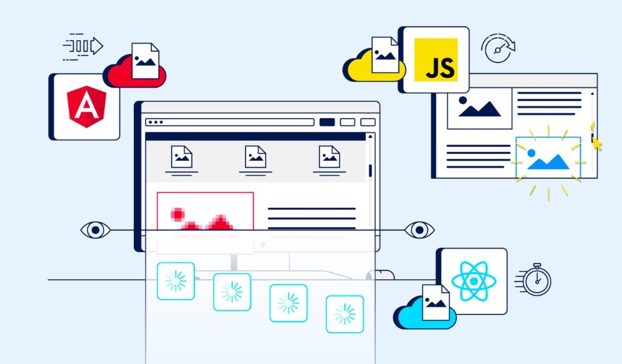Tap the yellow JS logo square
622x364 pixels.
coord(436,60)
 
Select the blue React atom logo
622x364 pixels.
coord(474,281)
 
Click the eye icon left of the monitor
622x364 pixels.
coord(95,230)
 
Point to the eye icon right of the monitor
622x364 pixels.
coord(419,230)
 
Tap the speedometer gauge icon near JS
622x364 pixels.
coord(498,48)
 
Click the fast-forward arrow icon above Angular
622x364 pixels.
coord(83,47)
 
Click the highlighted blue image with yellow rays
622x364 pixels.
coord(549,157)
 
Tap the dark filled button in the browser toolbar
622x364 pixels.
coord(327,122)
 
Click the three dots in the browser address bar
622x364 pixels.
coord(155,122)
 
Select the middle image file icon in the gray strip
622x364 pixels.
coord(256,157)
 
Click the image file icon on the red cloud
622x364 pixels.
coord(145,61)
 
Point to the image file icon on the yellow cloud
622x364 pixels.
coord(384,55)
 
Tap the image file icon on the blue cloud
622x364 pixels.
coord(436,302)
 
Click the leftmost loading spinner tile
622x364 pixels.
coord(176,281)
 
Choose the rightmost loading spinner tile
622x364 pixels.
coord(345,314)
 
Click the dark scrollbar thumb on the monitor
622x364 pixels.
coord(370,170)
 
